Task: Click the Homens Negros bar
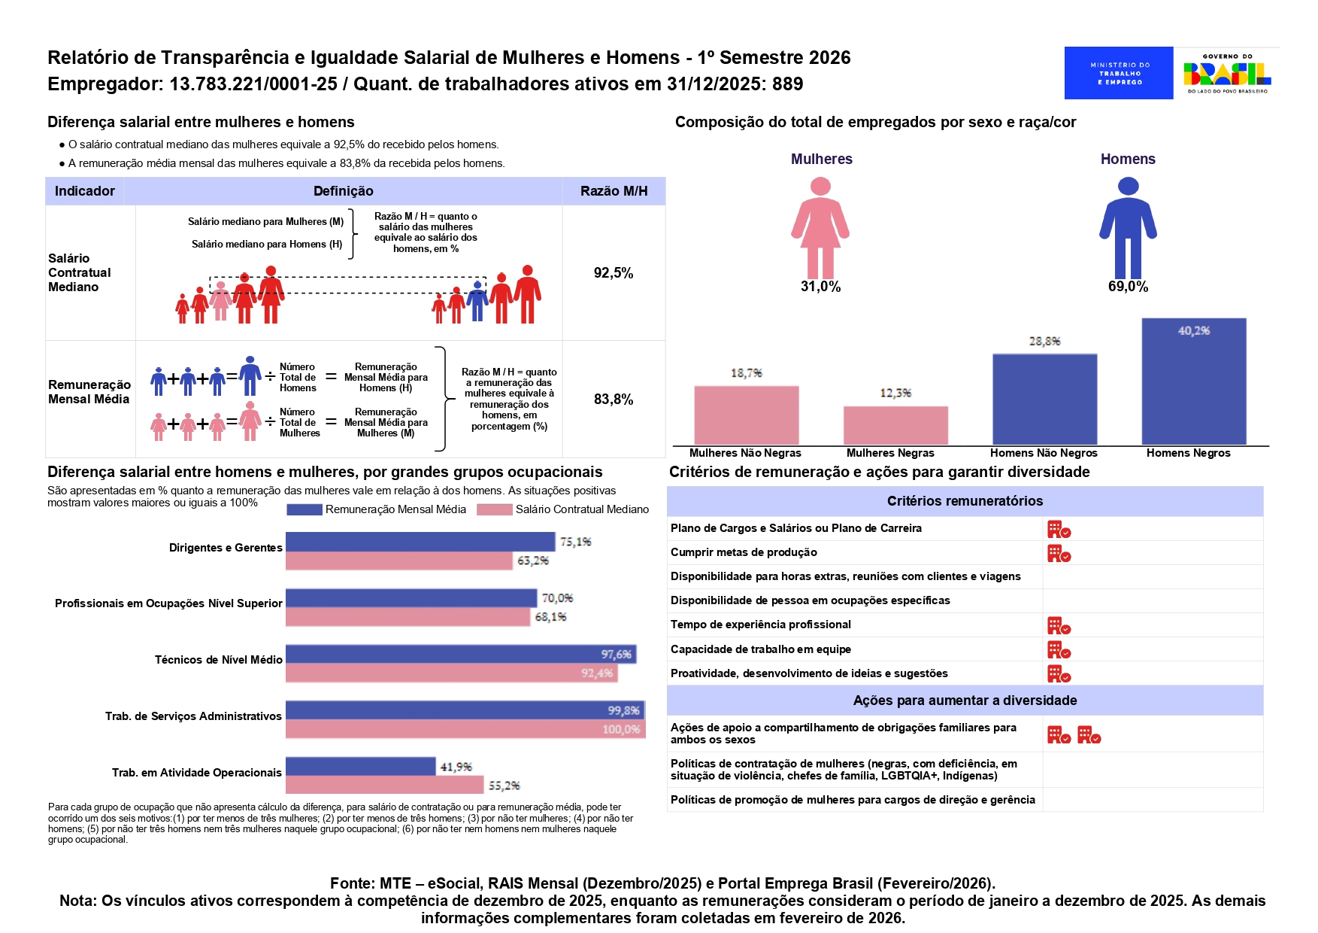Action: click(1193, 381)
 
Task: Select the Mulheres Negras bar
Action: click(895, 426)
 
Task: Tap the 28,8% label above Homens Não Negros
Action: click(1044, 341)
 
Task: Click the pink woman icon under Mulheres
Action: click(820, 228)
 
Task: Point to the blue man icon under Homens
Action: click(1128, 228)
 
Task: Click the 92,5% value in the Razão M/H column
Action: click(614, 273)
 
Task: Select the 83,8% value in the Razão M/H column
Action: click(614, 400)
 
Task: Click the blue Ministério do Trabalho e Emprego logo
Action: click(1119, 73)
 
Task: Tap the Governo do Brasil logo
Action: click(1227, 73)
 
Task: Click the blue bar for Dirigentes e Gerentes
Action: click(420, 542)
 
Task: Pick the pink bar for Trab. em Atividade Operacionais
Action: click(385, 785)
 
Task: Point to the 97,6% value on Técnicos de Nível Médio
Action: click(616, 655)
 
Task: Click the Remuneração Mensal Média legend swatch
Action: click(305, 509)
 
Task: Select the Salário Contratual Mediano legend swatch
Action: click(495, 509)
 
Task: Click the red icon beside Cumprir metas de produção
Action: click(1059, 554)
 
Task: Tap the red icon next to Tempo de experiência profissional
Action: click(1059, 626)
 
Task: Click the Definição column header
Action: click(344, 191)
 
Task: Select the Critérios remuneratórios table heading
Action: click(965, 501)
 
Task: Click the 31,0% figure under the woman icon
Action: click(820, 287)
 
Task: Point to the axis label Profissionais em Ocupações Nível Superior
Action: click(168, 603)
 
